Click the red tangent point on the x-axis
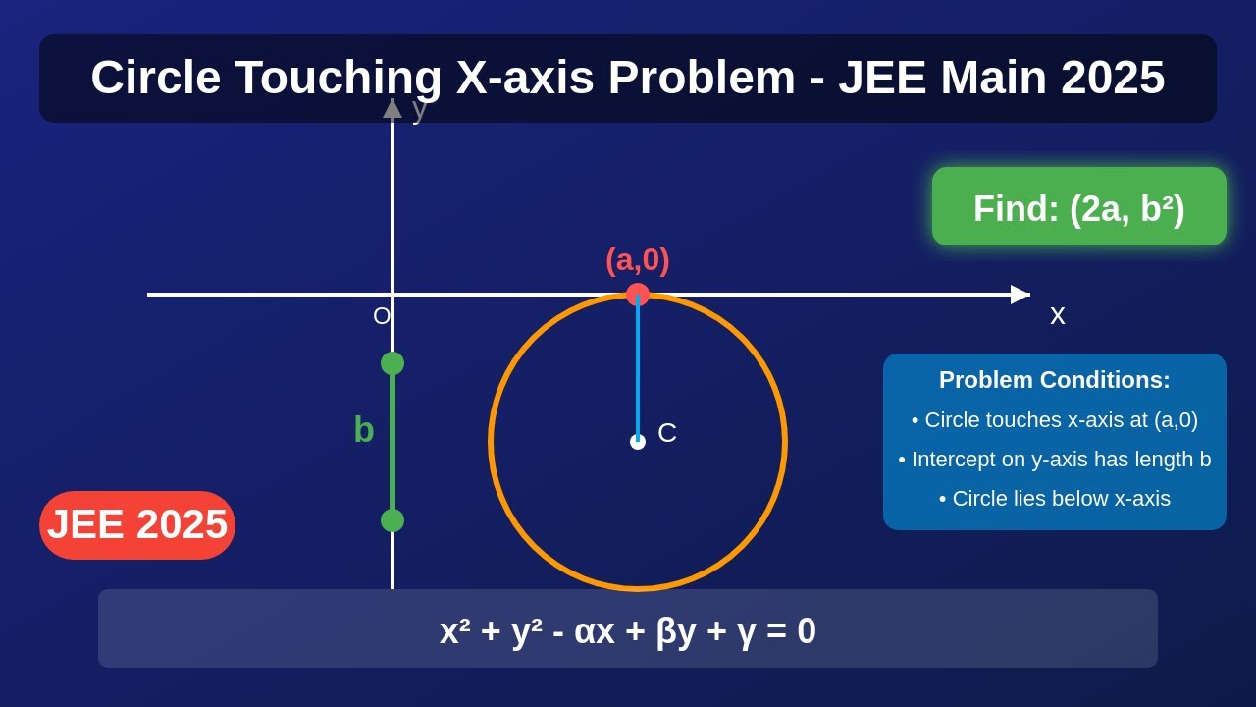click(638, 295)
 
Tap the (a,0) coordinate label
click(638, 260)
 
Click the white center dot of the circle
click(638, 442)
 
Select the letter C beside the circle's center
click(667, 433)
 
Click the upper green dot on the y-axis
click(392, 363)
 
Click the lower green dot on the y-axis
click(392, 520)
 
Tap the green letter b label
click(364, 430)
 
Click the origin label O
click(382, 316)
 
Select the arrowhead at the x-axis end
click(1020, 295)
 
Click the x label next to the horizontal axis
click(1057, 315)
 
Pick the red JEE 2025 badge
click(137, 524)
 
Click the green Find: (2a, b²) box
click(1079, 207)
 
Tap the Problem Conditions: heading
click(1055, 380)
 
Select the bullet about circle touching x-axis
click(1055, 420)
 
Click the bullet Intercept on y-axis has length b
click(1055, 460)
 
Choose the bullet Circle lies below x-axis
click(1055, 499)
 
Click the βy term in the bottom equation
click(675, 631)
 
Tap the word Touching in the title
click(339, 78)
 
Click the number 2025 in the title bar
click(1113, 78)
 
